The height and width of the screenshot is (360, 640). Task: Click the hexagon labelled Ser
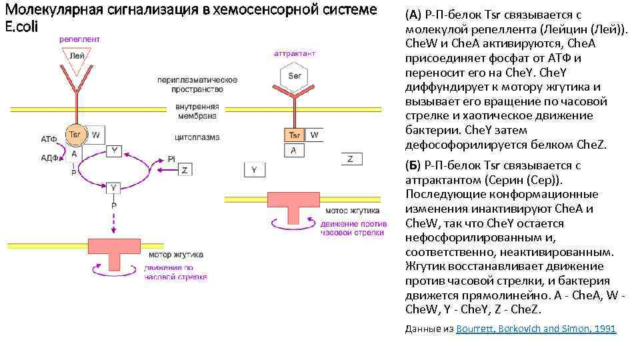[295, 76]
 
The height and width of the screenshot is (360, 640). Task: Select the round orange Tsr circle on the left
[75, 135]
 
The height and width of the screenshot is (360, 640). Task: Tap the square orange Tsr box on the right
[295, 135]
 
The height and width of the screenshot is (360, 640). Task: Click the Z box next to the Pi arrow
[184, 169]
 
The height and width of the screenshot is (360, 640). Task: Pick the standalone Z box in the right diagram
[351, 159]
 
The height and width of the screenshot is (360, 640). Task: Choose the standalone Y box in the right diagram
[254, 170]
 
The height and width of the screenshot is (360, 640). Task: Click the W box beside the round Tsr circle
[96, 135]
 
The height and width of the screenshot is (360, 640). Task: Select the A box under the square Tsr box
[294, 151]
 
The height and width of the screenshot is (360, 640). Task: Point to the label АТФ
[49, 140]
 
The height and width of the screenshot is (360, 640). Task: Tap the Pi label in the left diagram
[171, 159]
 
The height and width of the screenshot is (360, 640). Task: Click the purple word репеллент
[79, 39]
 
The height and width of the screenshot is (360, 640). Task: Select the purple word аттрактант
[295, 53]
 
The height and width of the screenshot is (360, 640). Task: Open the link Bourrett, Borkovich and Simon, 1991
[536, 329]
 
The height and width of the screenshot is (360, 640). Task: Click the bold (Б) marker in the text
[413, 165]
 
